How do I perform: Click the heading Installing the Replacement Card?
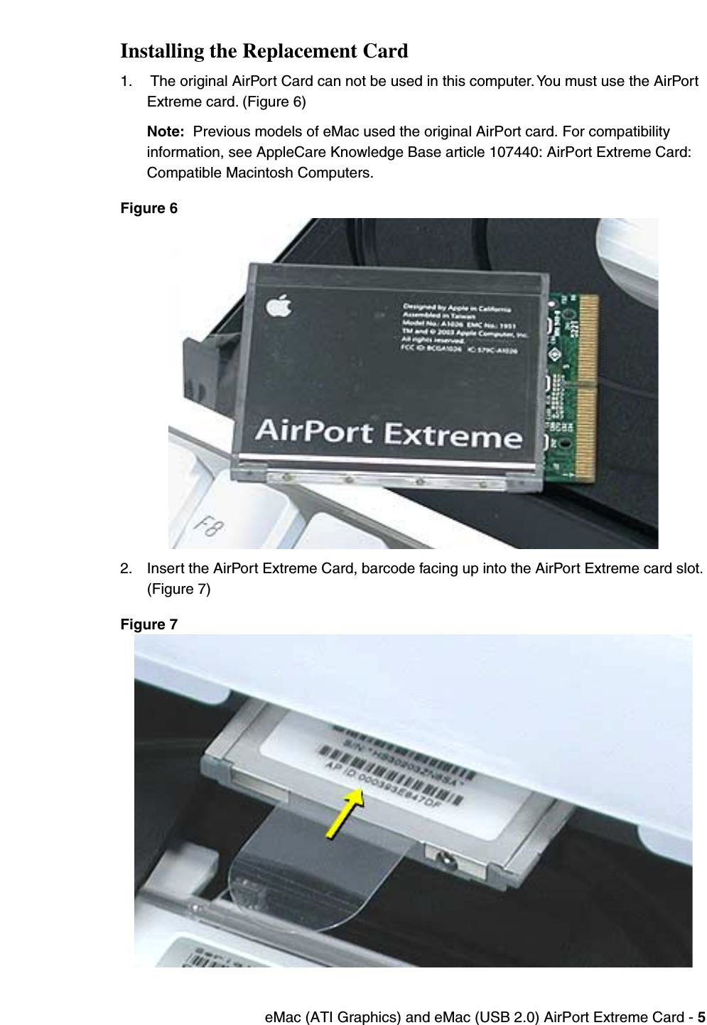[x=264, y=51]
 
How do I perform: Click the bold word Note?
[x=165, y=131]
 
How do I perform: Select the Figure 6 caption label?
[x=149, y=208]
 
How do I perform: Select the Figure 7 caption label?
[x=149, y=624]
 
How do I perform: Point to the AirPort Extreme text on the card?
[x=388, y=433]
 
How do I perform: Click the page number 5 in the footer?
[x=701, y=1017]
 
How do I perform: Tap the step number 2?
[x=125, y=568]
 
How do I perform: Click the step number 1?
[x=125, y=81]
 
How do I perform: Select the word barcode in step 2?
[x=387, y=568]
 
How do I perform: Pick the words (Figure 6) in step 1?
[x=274, y=102]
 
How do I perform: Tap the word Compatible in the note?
[x=183, y=173]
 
